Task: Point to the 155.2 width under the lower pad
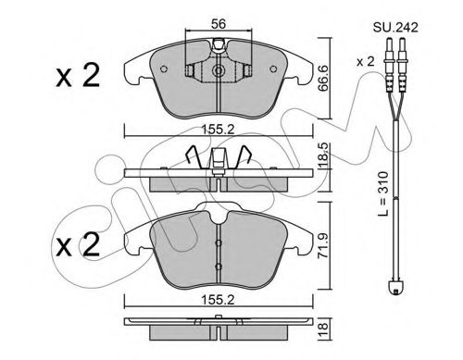tap(220, 301)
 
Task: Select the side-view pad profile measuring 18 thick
tap(219, 329)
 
